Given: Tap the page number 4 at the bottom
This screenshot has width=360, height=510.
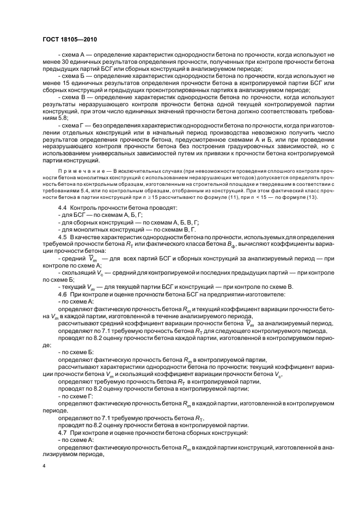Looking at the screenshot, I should pos(44,467).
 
